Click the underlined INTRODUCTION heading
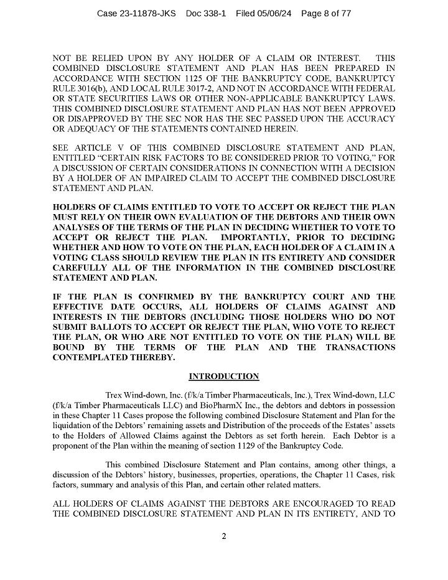(x=223, y=376)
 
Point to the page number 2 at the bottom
(x=223, y=539)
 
